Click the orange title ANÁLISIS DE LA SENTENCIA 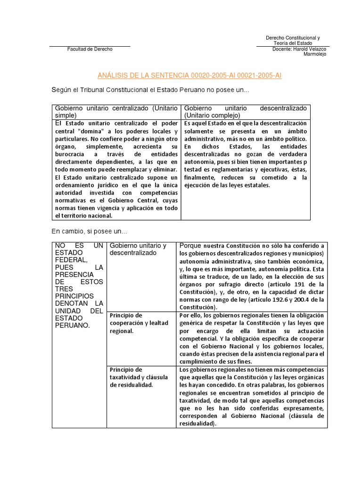pyautogui.click(x=189, y=75)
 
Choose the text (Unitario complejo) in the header pyautogui.click(x=212, y=115)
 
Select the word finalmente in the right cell pyautogui.click(x=200, y=177)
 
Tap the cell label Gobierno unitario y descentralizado pyautogui.click(x=138, y=249)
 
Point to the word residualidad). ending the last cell pyautogui.click(x=197, y=424)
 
